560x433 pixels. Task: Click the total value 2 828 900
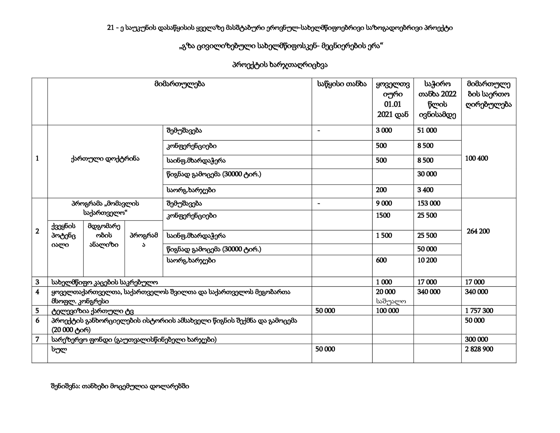[x=479, y=349]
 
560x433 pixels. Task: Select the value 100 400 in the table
[x=476, y=158]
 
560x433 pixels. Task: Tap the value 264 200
[x=478, y=231]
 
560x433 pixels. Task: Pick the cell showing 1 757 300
[x=479, y=311]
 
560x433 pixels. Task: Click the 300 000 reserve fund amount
[x=476, y=339]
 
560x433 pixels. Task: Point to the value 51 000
[x=427, y=130]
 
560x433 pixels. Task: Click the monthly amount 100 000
[x=387, y=311]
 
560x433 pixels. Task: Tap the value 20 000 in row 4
[x=386, y=292]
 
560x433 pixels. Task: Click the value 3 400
[x=425, y=190]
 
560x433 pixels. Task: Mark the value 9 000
[x=384, y=203]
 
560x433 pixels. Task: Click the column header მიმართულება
[x=179, y=84]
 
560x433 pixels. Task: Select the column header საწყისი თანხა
[x=342, y=84]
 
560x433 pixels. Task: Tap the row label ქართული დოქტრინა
[x=105, y=159]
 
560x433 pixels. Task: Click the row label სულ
[x=59, y=349]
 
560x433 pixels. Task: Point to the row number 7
[x=37, y=339]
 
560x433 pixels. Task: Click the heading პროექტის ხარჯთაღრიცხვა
[x=280, y=65]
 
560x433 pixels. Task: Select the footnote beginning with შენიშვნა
[x=120, y=386]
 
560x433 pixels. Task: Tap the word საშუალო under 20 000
[x=390, y=301]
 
